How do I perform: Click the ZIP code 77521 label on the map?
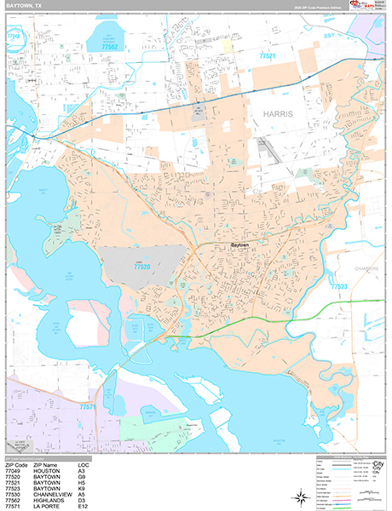[268, 55]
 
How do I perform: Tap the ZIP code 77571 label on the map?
[89, 408]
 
